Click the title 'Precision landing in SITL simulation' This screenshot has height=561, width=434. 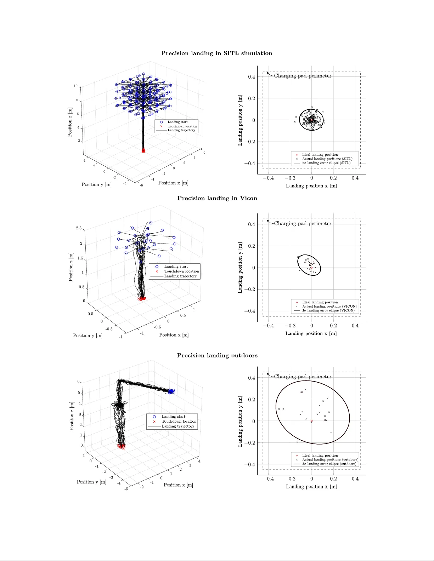pyautogui.click(x=216, y=53)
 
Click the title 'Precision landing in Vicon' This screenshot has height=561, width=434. pyautogui.click(x=217, y=198)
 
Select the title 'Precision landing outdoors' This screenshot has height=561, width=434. pyautogui.click(x=217, y=355)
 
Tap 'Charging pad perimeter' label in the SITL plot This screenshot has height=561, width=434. pyautogui.click(x=303, y=76)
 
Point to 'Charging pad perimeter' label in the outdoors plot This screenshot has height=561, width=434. pyautogui.click(x=303, y=377)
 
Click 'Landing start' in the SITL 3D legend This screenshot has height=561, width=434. pyautogui.click(x=177, y=122)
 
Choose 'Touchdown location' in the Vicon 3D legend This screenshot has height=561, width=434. pyautogui.click(x=181, y=271)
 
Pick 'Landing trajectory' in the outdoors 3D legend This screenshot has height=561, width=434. pyautogui.click(x=178, y=426)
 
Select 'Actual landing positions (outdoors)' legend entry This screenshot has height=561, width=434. pyautogui.click(x=330, y=459)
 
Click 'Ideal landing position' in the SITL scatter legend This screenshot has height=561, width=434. pyautogui.click(x=320, y=155)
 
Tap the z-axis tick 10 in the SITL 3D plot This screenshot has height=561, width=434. pyautogui.click(x=75, y=86)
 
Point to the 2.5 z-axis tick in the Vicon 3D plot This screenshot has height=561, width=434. pyautogui.click(x=79, y=228)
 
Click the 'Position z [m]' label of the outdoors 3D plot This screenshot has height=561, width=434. pyautogui.click(x=72, y=416)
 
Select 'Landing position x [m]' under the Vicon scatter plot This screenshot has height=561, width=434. pyautogui.click(x=311, y=333)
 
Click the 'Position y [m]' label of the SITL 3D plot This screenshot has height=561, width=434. pyautogui.click(x=96, y=184)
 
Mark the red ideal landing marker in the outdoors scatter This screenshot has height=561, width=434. pyautogui.click(x=311, y=421)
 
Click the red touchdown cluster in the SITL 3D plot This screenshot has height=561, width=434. pyautogui.click(x=143, y=150)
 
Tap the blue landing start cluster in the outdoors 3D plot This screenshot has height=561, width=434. pyautogui.click(x=171, y=391)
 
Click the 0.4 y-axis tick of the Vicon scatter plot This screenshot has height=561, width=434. pyautogui.click(x=252, y=224)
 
